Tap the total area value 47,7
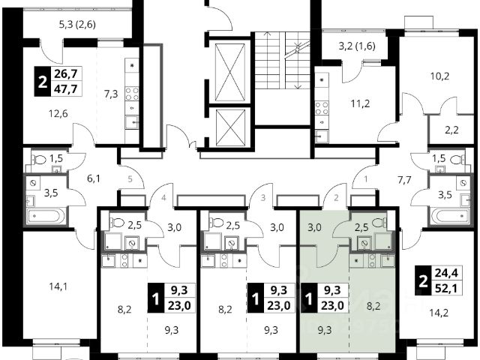[65, 89]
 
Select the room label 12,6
[58, 114]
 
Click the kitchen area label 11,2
[360, 103]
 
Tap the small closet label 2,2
[451, 130]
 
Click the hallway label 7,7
[404, 180]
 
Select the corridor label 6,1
[94, 178]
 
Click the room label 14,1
[58, 286]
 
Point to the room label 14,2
[439, 313]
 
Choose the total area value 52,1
[446, 288]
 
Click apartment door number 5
[130, 178]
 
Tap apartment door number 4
[163, 198]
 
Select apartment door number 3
[263, 198]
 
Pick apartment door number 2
[336, 198]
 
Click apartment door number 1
[365, 178]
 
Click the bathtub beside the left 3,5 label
[46, 216]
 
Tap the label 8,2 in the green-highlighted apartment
[373, 305]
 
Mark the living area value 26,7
[65, 73]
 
